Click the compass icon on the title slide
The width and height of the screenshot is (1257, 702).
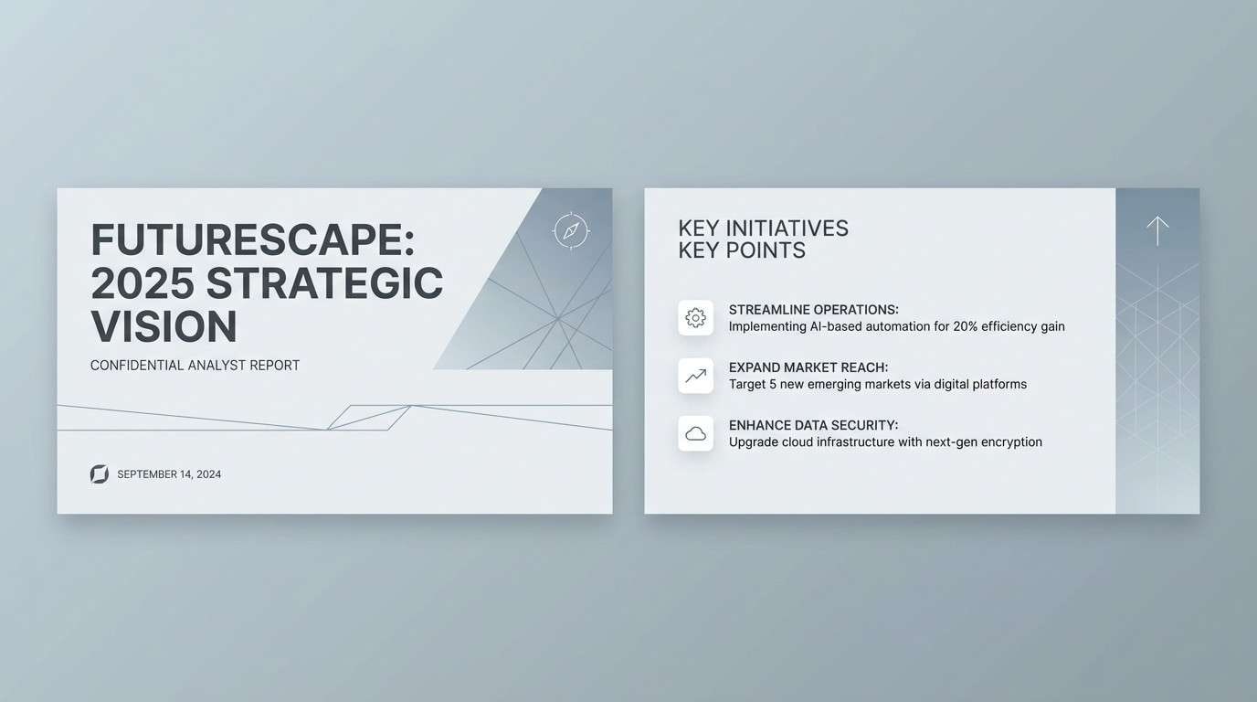point(571,230)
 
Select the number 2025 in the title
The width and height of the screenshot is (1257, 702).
point(143,283)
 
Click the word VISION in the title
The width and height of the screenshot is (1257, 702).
point(164,326)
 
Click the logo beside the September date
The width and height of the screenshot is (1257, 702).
point(100,473)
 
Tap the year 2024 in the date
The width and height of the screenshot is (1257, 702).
point(208,474)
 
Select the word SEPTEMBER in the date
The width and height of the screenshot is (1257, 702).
point(147,474)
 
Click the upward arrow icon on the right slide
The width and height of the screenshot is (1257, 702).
point(1157,230)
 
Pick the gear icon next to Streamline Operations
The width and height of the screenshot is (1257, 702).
point(695,318)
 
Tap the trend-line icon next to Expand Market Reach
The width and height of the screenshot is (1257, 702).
point(695,376)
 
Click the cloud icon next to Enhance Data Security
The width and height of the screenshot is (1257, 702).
point(695,433)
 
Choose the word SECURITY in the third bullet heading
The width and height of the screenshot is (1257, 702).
point(866,425)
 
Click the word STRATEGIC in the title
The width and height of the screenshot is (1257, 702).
point(324,283)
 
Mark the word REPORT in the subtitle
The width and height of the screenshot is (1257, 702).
point(275,366)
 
